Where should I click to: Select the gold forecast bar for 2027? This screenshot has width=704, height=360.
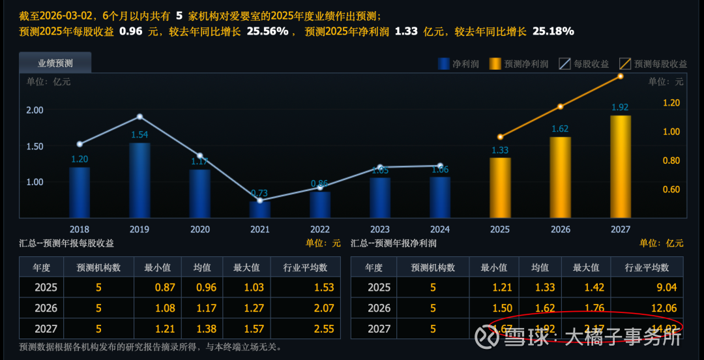(x=620, y=167)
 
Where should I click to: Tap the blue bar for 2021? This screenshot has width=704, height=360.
(x=259, y=209)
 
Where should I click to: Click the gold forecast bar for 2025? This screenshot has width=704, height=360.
(x=500, y=188)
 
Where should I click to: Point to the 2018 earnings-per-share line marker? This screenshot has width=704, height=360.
(x=80, y=144)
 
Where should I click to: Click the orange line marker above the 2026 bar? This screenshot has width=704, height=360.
(x=560, y=106)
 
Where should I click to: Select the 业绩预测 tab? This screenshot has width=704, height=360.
(x=55, y=63)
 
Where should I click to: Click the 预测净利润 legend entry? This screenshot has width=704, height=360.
(x=519, y=64)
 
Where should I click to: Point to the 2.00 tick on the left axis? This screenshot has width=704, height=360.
(x=35, y=110)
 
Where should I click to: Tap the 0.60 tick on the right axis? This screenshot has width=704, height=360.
(x=671, y=190)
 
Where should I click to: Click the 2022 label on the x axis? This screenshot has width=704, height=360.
(x=319, y=230)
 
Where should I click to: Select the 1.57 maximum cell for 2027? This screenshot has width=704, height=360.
(x=245, y=329)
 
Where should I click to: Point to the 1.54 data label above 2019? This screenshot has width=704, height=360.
(x=139, y=135)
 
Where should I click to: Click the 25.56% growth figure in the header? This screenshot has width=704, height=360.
(x=267, y=31)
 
